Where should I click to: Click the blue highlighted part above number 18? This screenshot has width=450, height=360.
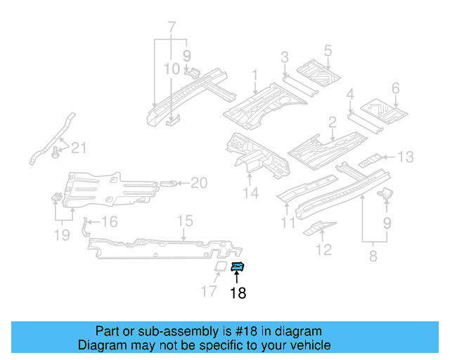[238, 266]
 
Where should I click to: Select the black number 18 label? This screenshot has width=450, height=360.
[238, 293]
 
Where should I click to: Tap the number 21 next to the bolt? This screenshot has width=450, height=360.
[79, 148]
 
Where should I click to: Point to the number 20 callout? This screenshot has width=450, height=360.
[199, 184]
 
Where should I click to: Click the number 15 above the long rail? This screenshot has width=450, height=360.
[184, 222]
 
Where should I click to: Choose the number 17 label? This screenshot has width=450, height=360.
[209, 291]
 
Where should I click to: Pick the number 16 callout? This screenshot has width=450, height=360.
[109, 223]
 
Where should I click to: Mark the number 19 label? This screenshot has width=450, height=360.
[62, 234]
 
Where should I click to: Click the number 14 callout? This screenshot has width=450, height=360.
[251, 193]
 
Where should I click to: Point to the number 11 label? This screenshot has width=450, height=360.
[288, 224]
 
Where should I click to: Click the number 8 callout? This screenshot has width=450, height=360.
[373, 257]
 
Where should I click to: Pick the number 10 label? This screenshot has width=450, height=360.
[172, 69]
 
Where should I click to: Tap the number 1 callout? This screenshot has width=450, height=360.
[255, 74]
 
